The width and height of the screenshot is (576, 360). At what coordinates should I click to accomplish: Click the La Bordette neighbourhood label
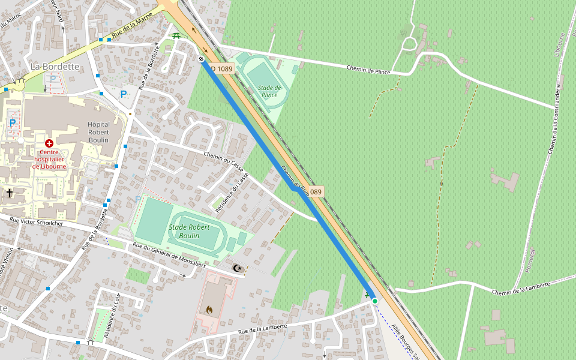(x=55, y=66)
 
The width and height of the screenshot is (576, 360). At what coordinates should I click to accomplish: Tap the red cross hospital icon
(x=49, y=143)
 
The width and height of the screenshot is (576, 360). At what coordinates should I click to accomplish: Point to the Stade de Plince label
(x=269, y=91)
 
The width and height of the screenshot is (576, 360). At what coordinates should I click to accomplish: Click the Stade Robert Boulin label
(x=189, y=231)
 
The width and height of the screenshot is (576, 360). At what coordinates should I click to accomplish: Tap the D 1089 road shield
(x=222, y=68)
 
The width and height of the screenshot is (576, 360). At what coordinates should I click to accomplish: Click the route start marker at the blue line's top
(x=201, y=58)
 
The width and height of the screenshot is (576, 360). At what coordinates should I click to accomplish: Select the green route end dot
(x=374, y=301)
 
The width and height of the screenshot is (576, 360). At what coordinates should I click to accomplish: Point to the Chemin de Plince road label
(x=368, y=70)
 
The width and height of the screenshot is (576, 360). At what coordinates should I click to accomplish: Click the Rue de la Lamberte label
(x=262, y=329)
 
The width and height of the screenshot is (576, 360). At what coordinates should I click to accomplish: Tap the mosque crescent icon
(x=238, y=268)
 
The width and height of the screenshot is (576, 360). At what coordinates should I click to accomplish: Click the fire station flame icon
(x=209, y=310)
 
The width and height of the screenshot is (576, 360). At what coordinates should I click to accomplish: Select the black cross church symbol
(x=9, y=193)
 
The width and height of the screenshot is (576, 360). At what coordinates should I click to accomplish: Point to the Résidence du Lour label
(x=112, y=316)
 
